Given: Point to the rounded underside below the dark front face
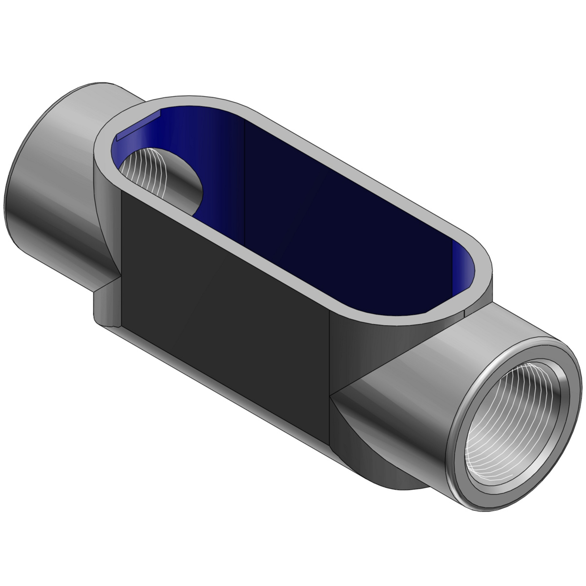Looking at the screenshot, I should (234, 381).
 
